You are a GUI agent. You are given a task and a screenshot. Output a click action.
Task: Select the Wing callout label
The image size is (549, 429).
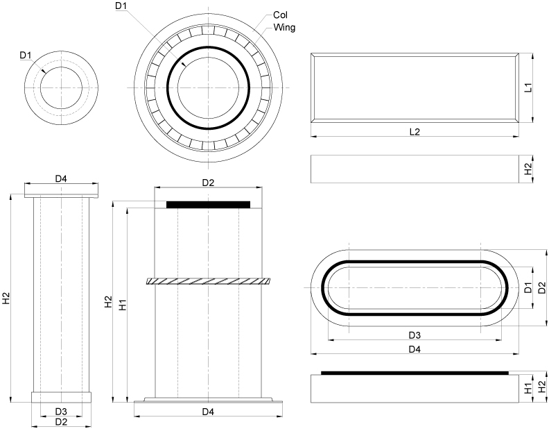(285, 27)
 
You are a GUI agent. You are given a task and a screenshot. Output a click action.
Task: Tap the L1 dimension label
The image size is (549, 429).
(528, 88)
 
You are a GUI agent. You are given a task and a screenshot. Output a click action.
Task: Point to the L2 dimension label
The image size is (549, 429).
(415, 131)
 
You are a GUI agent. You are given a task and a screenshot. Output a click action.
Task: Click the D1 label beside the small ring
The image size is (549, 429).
(26, 55)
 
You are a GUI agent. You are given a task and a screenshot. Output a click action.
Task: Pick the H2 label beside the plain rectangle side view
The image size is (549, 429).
(528, 169)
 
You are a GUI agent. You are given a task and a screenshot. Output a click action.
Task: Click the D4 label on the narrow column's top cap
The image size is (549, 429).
(61, 179)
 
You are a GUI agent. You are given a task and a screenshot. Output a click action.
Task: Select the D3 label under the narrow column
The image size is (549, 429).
(61, 412)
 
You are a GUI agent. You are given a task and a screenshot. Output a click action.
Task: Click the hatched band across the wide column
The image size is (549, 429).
(208, 281)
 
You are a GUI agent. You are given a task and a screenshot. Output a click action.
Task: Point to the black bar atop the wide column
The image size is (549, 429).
(208, 204)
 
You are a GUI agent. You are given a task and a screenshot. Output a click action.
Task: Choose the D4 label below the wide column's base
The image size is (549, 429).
(208, 412)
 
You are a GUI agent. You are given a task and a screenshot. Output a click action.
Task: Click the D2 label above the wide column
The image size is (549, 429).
(208, 183)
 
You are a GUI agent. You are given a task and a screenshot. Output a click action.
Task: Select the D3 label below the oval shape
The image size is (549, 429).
(415, 335)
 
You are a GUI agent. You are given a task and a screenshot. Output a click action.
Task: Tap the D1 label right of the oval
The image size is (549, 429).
(528, 287)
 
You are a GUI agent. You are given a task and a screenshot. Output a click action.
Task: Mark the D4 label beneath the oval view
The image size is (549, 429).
(415, 349)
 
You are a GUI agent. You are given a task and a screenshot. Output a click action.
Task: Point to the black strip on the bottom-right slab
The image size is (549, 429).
(415, 373)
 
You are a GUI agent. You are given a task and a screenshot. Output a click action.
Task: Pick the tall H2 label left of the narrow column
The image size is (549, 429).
(6, 298)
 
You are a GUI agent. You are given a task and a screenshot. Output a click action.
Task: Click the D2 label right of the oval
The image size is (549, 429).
(542, 287)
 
